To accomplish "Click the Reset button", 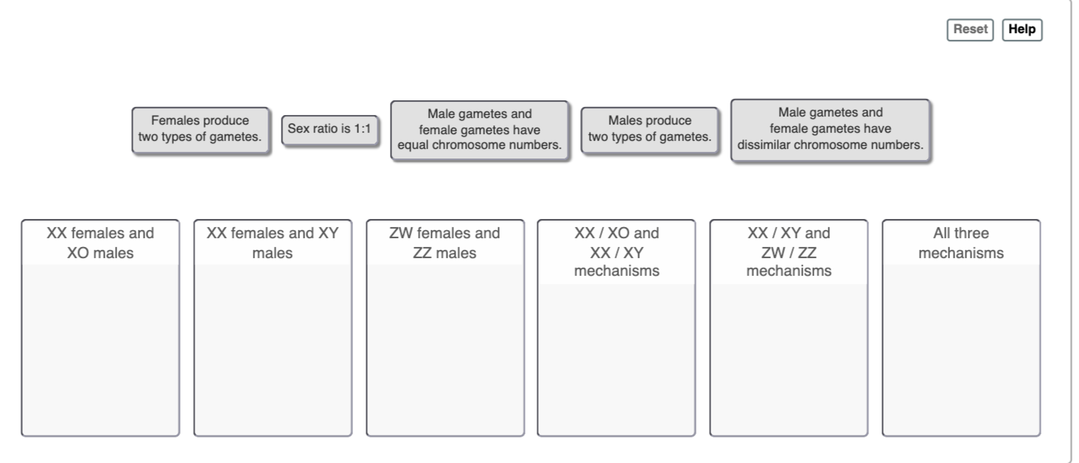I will [x=970, y=29].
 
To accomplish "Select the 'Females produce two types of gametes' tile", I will [x=200, y=130].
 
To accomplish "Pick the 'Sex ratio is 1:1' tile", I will [x=330, y=129].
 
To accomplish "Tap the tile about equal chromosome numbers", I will [x=479, y=130].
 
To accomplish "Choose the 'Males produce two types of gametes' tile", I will [x=649, y=130].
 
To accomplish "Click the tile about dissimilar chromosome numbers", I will [x=830, y=130].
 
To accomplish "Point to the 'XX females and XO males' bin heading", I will [x=100, y=243].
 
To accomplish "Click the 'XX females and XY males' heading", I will [x=273, y=243].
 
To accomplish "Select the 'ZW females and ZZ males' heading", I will [x=444, y=243].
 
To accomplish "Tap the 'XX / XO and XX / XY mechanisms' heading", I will [x=616, y=252].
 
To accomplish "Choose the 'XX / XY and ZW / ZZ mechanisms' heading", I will [x=789, y=252].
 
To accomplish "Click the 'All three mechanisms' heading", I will [x=961, y=243].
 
